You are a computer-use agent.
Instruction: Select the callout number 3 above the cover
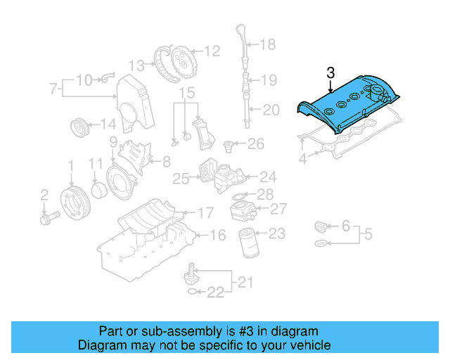[330, 72]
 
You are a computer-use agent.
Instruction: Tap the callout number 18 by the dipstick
[268, 45]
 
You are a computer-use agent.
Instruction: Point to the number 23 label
[277, 233]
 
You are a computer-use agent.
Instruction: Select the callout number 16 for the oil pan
[219, 235]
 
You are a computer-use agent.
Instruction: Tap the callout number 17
[205, 212]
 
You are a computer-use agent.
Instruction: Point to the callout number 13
[136, 65]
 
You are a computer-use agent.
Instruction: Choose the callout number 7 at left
[53, 89]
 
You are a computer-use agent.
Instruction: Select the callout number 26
[255, 145]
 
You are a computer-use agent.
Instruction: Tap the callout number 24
[268, 177]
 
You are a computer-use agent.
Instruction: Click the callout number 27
[278, 209]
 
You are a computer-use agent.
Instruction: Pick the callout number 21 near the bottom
[243, 283]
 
